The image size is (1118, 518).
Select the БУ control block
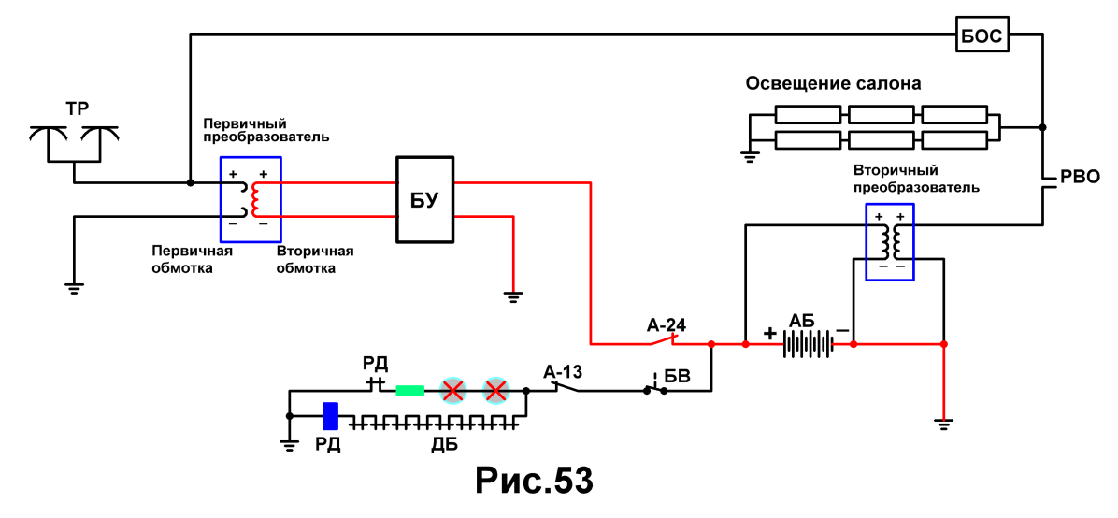click(425, 201)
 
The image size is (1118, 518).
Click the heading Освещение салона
click(834, 83)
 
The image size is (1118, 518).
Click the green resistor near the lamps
click(410, 390)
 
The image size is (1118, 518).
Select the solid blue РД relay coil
click(330, 416)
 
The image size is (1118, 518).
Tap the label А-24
click(666, 325)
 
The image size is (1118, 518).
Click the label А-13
click(564, 371)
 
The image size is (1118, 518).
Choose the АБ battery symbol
click(809, 344)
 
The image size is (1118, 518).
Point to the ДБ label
click(444, 446)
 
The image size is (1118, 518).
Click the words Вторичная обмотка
click(315, 260)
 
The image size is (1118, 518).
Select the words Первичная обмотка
click(193, 260)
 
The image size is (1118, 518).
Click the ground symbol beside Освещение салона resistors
click(750, 154)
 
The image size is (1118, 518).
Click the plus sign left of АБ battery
click(770, 333)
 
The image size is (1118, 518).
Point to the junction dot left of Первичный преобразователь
click(190, 182)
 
